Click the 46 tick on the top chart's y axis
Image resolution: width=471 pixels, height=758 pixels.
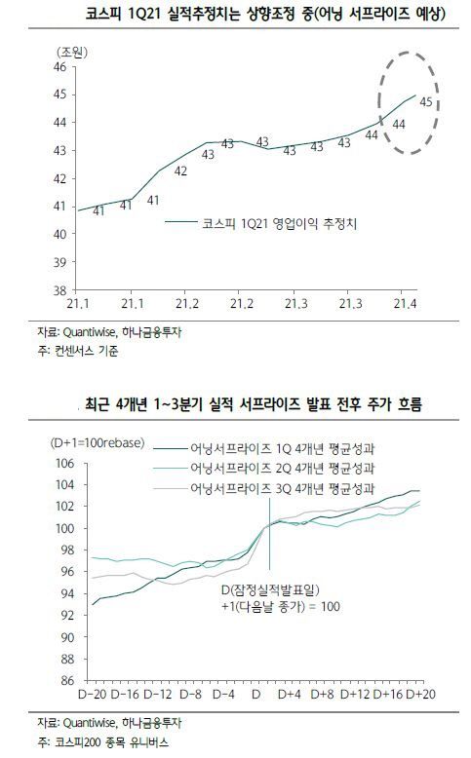click(x=58, y=66)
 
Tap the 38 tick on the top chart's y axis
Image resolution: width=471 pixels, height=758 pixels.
click(x=58, y=290)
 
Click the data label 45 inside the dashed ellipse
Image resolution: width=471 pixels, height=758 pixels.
click(x=425, y=102)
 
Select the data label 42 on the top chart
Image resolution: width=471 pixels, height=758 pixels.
click(x=180, y=171)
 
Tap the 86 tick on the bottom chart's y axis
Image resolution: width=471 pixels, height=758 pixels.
click(x=67, y=680)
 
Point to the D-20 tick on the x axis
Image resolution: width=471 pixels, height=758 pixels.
click(x=92, y=694)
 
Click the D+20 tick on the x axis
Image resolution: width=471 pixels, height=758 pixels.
click(x=420, y=694)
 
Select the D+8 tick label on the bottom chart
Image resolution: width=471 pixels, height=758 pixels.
click(x=323, y=694)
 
